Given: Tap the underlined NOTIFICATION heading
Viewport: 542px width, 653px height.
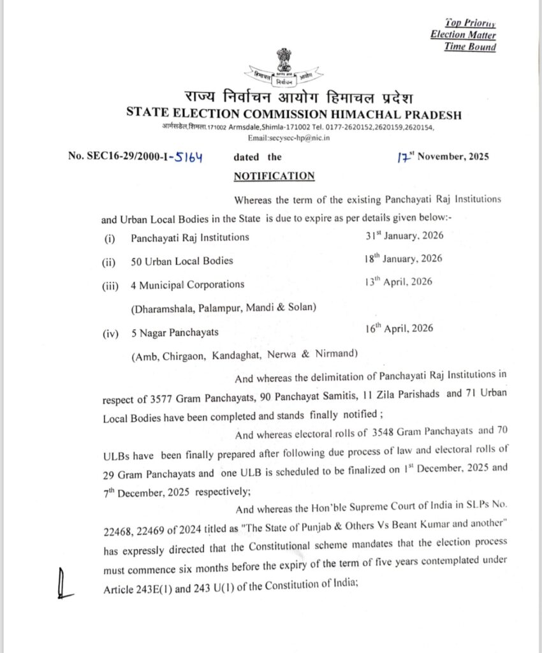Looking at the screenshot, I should click(x=274, y=176).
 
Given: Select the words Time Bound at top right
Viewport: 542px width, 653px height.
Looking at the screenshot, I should click(x=470, y=47).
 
